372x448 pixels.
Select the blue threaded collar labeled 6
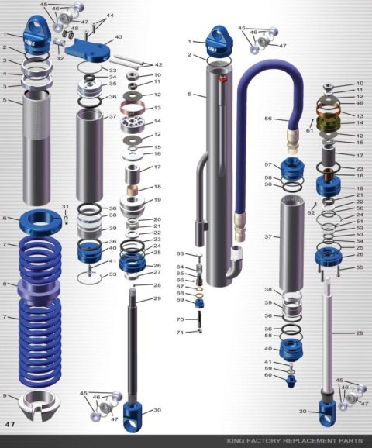click(x=41, y=222)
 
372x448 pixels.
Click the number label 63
click(x=180, y=253)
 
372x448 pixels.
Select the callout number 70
click(x=179, y=319)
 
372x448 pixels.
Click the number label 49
click(x=360, y=103)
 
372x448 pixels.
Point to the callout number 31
click(x=65, y=206)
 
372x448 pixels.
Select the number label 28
click(x=157, y=286)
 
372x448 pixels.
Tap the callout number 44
click(x=109, y=16)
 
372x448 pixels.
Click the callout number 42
click(x=158, y=65)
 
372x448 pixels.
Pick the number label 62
click(x=311, y=212)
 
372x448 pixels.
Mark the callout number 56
click(x=269, y=119)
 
